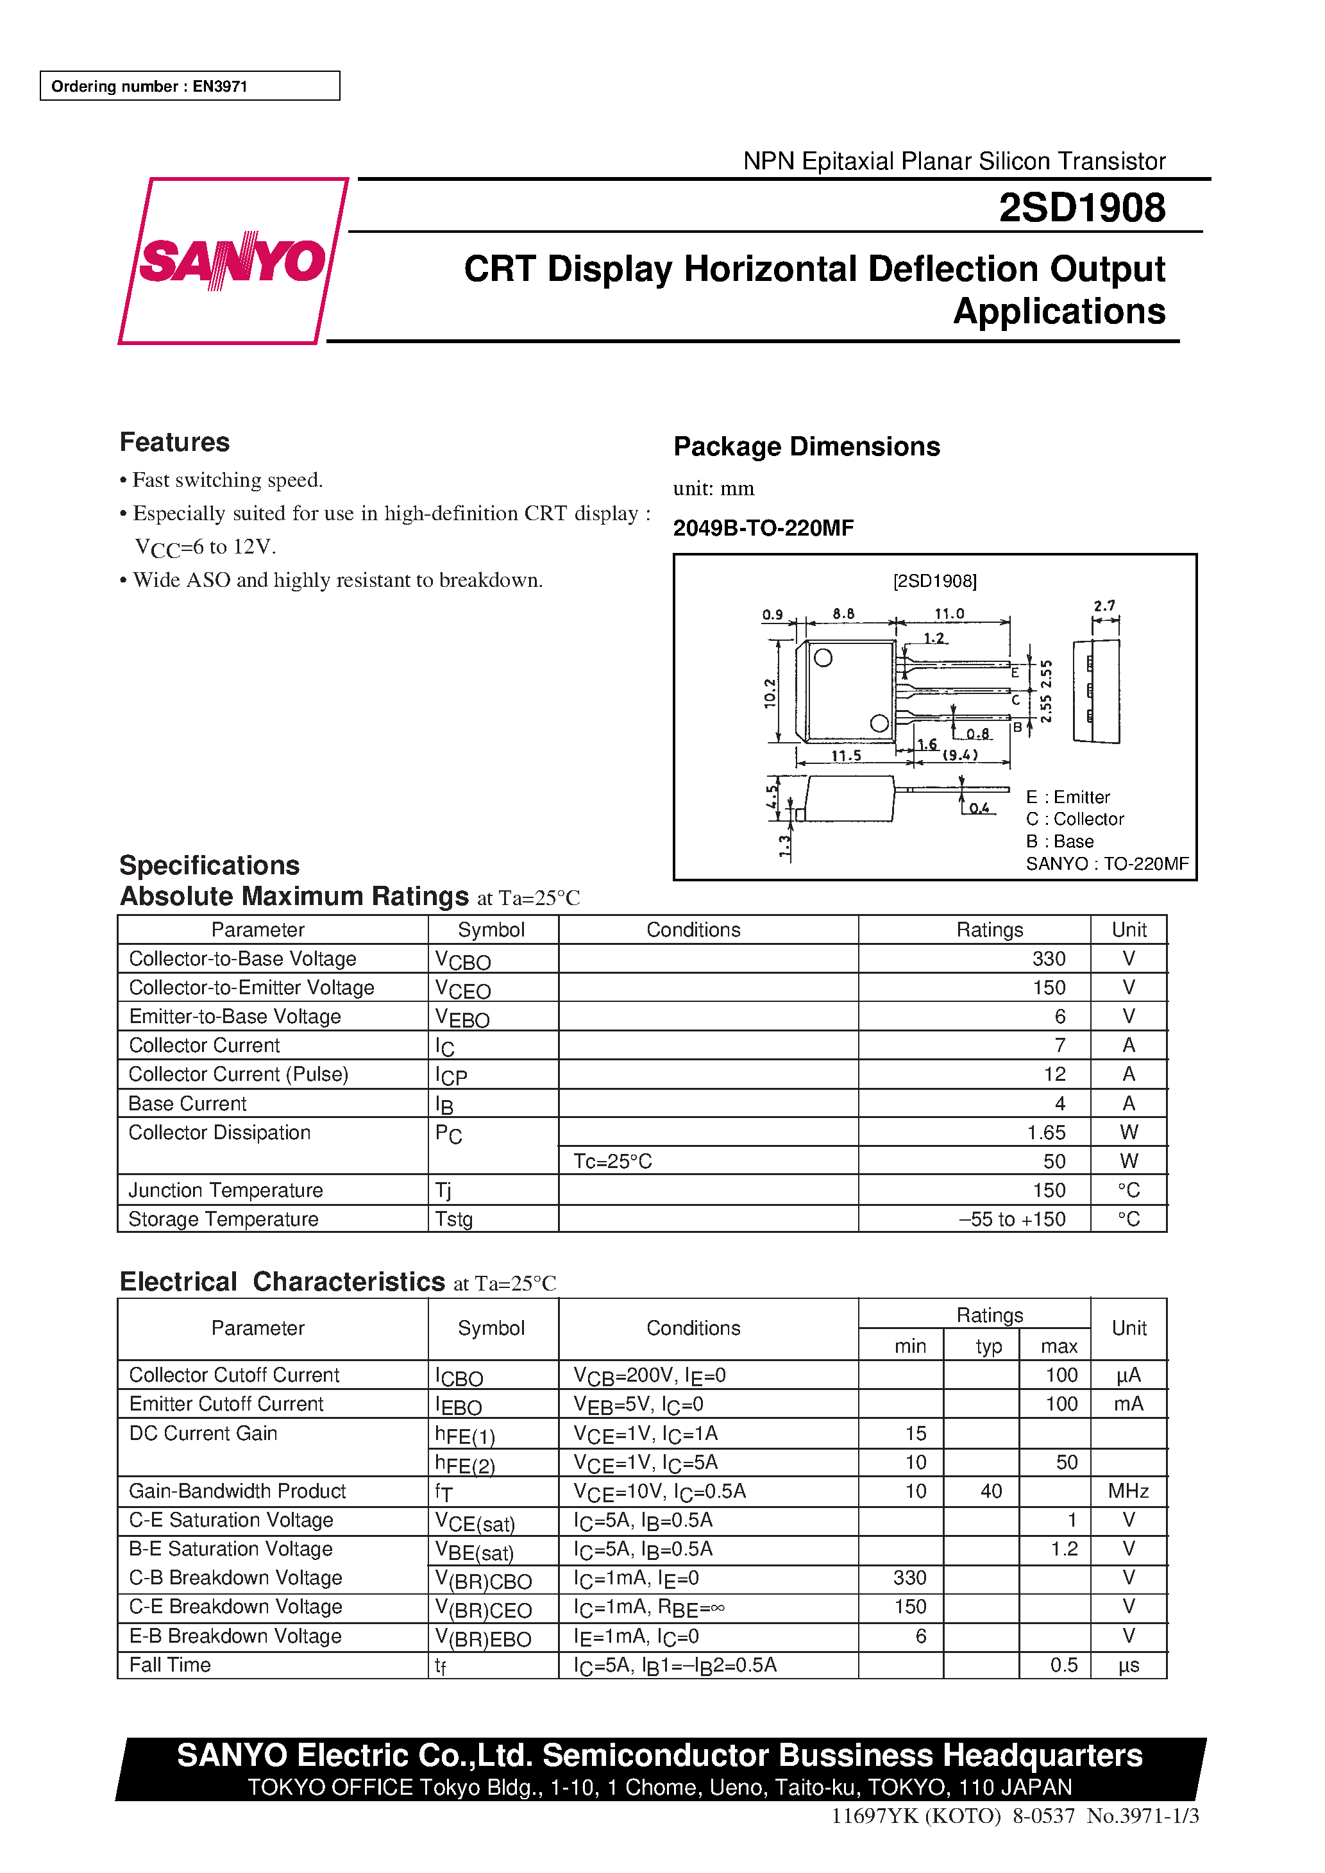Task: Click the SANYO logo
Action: [233, 261]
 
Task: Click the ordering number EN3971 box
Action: [189, 86]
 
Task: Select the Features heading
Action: [174, 442]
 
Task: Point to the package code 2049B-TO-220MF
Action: [763, 529]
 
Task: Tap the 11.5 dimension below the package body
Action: [846, 756]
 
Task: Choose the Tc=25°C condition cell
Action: [612, 1161]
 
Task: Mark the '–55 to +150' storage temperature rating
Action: [1013, 1219]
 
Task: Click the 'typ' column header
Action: [988, 1346]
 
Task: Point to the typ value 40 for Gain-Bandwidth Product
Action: [990, 1491]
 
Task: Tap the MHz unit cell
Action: [1127, 1491]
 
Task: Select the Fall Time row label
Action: [170, 1665]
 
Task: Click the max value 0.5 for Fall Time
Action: [1063, 1665]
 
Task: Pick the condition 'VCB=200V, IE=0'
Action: [650, 1375]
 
